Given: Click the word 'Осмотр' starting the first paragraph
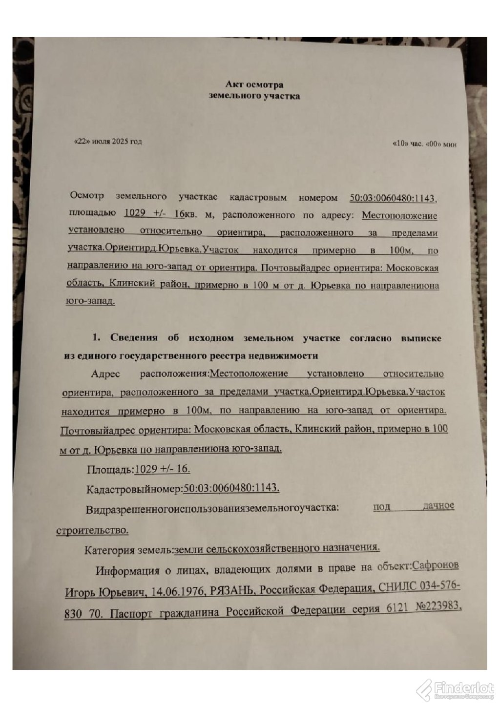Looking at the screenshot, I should tap(87, 196).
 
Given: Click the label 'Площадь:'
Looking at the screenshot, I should tap(109, 470).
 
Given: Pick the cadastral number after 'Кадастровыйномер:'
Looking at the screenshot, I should tap(238, 488).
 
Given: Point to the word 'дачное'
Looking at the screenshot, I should tap(438, 506).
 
